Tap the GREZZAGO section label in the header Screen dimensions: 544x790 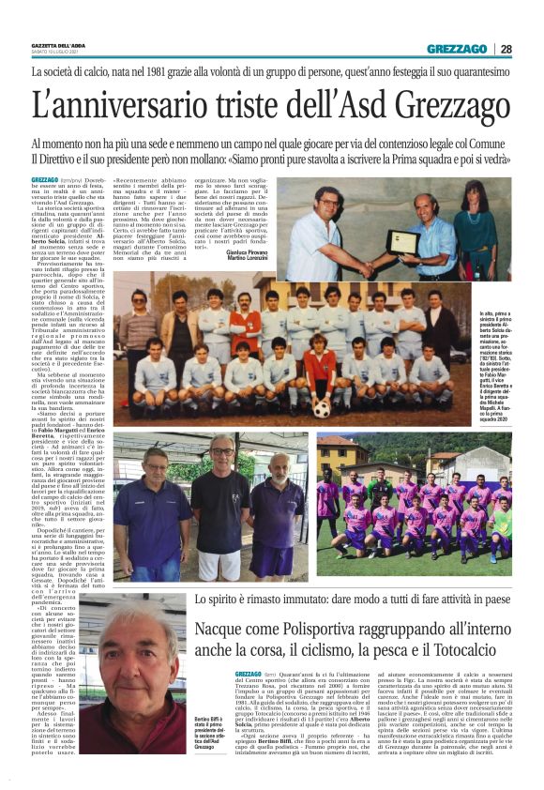coord(457,49)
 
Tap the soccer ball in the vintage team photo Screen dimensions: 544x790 coord(322,410)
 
